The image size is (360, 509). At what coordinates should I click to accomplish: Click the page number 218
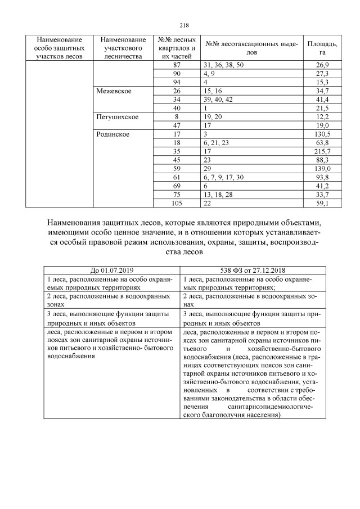point(184,25)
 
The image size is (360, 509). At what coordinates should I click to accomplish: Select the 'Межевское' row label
point(115,91)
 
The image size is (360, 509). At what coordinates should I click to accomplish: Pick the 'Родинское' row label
point(114,134)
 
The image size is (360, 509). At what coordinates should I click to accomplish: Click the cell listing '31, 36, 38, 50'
point(224,65)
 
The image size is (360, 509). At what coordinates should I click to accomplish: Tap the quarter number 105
point(177,203)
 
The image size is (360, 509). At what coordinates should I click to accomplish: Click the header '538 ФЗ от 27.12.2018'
point(247,270)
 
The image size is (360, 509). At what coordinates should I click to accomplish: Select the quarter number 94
point(177,82)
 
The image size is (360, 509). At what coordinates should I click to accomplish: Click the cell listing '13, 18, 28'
point(217,195)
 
